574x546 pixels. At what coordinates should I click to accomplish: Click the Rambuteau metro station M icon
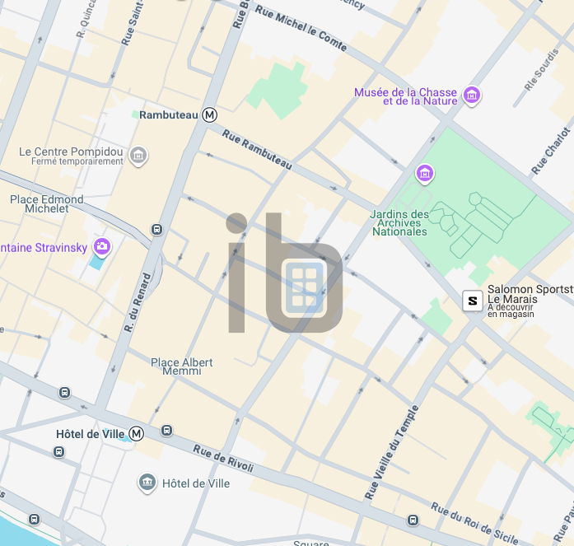point(210,115)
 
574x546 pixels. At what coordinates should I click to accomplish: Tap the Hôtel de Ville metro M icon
point(137,433)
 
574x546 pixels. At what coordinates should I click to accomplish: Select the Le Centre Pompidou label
point(71,152)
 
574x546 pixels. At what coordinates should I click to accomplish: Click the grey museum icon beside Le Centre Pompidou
point(138,155)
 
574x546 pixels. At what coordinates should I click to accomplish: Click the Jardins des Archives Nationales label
point(400,223)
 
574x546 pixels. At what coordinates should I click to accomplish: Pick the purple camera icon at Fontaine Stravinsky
point(102,246)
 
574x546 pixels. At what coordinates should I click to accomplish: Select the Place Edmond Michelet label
point(46,204)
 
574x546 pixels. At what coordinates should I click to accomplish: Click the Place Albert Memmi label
point(182,366)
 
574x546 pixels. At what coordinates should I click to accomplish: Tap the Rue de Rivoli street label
point(223,459)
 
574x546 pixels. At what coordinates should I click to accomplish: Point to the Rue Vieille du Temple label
point(392,452)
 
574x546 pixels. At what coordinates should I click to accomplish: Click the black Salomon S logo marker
point(472,301)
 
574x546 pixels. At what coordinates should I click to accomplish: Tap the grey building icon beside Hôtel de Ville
point(147,482)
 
